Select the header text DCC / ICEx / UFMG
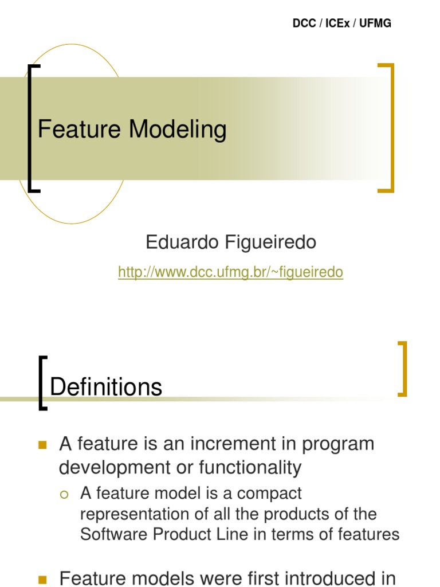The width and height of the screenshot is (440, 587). (x=342, y=24)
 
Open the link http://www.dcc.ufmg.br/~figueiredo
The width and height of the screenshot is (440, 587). (x=230, y=272)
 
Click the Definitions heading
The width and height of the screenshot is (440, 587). (x=106, y=388)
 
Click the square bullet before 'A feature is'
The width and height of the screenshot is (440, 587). (x=42, y=445)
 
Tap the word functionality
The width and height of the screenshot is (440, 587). (x=250, y=468)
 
